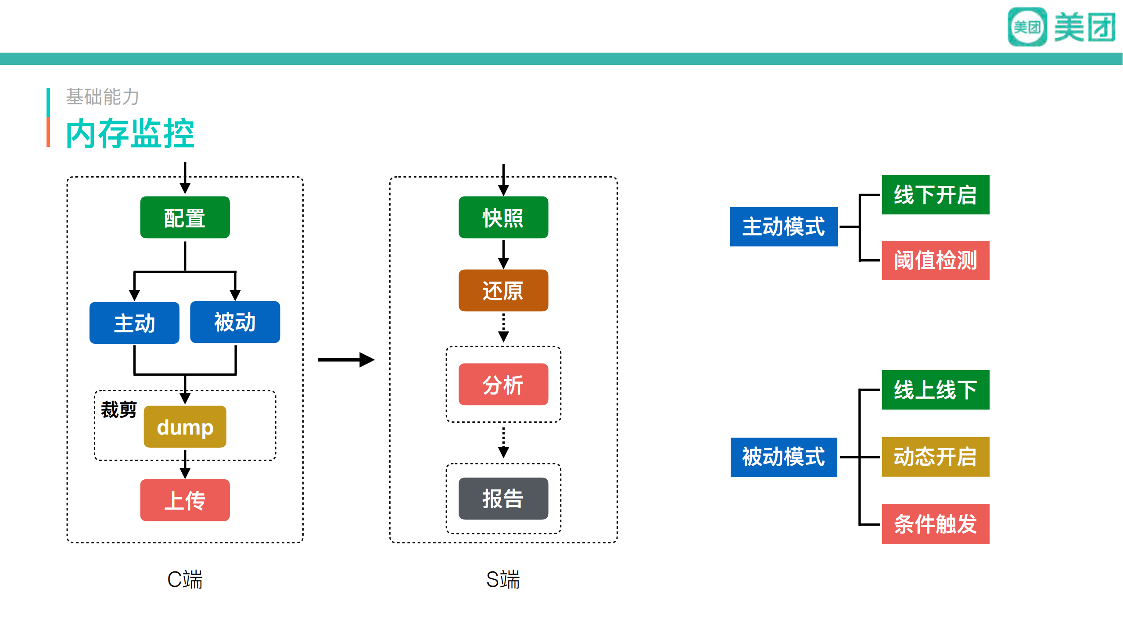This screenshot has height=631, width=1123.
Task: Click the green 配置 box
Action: (x=185, y=217)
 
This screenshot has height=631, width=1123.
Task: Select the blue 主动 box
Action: (x=134, y=323)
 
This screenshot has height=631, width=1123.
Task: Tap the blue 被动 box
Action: (x=235, y=322)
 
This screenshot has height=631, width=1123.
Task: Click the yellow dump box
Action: (x=185, y=427)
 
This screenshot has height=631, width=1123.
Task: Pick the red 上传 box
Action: (x=185, y=500)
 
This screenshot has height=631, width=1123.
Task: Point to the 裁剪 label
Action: (x=118, y=410)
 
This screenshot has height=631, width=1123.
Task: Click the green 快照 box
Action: (x=503, y=217)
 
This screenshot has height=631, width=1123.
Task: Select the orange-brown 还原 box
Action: (x=503, y=290)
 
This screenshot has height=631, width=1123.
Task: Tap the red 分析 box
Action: (x=503, y=385)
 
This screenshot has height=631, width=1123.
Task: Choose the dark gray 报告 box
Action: (x=503, y=499)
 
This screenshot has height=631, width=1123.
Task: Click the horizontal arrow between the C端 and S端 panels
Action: (x=346, y=360)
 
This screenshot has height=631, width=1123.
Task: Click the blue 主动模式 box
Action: (x=783, y=227)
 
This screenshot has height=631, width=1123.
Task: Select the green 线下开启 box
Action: (x=935, y=195)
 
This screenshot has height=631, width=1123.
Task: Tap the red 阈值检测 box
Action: (x=935, y=260)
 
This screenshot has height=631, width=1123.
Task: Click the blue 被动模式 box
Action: (x=783, y=457)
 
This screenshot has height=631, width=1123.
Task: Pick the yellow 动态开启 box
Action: (x=935, y=457)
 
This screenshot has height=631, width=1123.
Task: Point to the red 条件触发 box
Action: (x=935, y=524)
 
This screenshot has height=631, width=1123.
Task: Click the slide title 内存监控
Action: (x=130, y=133)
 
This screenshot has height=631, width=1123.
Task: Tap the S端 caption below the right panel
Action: (x=503, y=579)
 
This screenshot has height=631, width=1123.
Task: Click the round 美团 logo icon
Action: (x=1027, y=27)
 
